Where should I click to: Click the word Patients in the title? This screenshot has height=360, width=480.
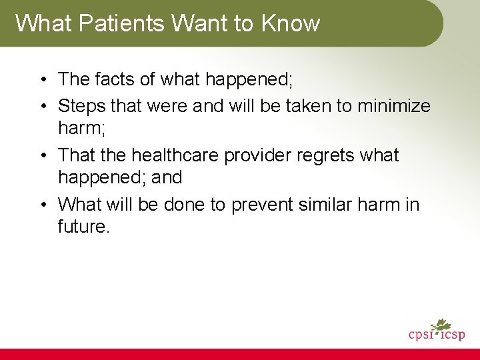click(x=123, y=23)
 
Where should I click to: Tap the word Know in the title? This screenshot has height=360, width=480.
click(x=291, y=23)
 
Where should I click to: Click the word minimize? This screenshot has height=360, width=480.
click(x=394, y=106)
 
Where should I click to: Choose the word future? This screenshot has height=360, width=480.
click(x=83, y=227)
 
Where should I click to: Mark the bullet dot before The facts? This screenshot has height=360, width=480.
click(x=42, y=80)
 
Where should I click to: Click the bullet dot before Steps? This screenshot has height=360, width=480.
click(x=42, y=107)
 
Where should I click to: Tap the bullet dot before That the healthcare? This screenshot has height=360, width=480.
click(x=42, y=156)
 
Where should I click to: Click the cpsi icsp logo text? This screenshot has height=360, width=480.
click(x=437, y=334)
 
